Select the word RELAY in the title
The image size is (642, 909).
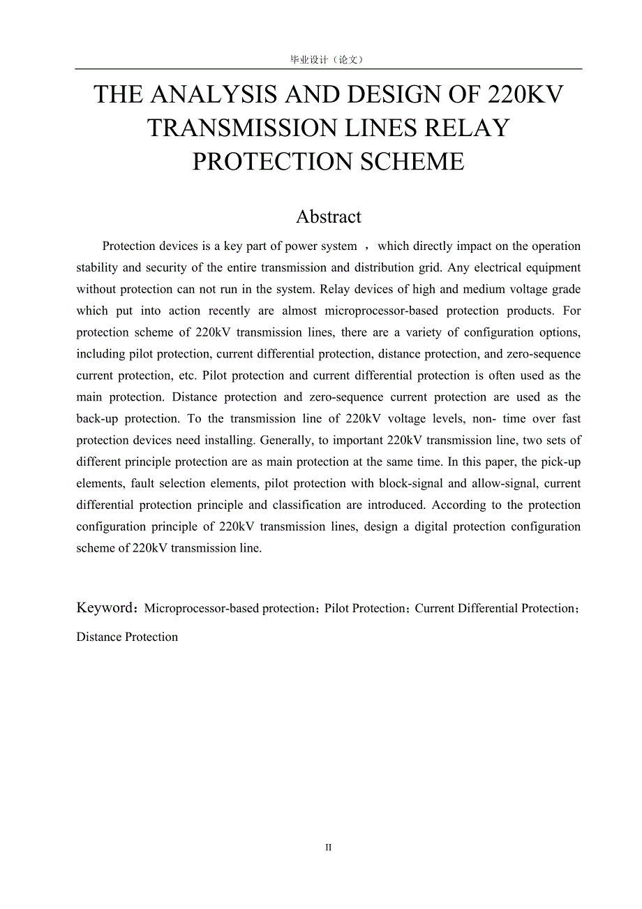pyautogui.click(x=475, y=128)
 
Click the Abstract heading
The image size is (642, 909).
pyautogui.click(x=329, y=216)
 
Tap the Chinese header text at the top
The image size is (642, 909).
pyautogui.click(x=327, y=60)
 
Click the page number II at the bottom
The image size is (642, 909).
pyautogui.click(x=329, y=848)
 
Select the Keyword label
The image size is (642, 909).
pyautogui.click(x=105, y=607)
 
